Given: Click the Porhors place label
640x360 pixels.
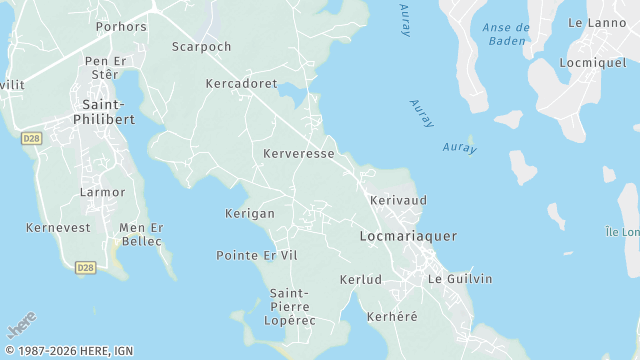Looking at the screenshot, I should click(x=121, y=27).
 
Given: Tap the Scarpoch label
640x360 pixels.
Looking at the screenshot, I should click(x=201, y=47).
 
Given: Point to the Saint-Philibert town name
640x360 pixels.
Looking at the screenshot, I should click(x=103, y=111).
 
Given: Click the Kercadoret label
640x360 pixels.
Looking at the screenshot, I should click(x=241, y=84).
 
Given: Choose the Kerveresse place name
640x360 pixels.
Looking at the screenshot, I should click(x=299, y=154).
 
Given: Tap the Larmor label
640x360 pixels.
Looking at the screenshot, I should click(x=103, y=192).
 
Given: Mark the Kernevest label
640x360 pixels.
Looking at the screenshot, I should click(x=58, y=228).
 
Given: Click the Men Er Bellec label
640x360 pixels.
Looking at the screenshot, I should click(x=141, y=234).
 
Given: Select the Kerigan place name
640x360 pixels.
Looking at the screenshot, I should click(x=250, y=214).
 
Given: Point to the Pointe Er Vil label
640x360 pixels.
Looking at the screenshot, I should click(x=257, y=256).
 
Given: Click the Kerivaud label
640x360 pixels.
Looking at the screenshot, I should click(x=398, y=201).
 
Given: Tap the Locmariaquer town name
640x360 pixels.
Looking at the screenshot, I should click(x=408, y=236).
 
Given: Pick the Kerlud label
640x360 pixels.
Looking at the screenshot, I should click(x=361, y=279).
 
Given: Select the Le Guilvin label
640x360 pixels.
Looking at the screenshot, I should click(x=460, y=279).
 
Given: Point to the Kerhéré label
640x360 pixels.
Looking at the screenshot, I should click(x=392, y=317).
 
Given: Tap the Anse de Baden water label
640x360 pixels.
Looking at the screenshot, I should click(x=506, y=34).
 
